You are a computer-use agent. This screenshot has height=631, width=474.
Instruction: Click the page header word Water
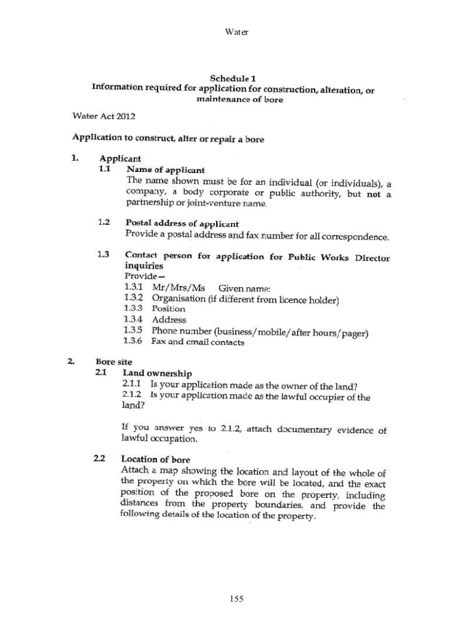237,31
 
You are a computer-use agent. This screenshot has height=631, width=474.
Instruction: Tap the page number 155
237,598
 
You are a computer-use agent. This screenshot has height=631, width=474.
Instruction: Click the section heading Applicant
120,158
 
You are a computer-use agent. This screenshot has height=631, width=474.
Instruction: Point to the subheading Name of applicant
165,169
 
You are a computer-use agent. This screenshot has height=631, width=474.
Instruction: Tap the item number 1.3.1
134,287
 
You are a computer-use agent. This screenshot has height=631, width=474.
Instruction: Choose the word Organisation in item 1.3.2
179,298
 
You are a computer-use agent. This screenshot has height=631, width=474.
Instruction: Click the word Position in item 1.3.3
168,309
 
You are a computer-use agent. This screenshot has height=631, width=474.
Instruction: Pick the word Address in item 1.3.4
169,320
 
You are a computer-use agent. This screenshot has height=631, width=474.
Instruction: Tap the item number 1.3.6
134,342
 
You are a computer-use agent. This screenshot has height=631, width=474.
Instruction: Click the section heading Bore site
113,362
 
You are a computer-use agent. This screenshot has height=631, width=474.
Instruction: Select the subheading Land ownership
157,373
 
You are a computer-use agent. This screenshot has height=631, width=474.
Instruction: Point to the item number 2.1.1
132,386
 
